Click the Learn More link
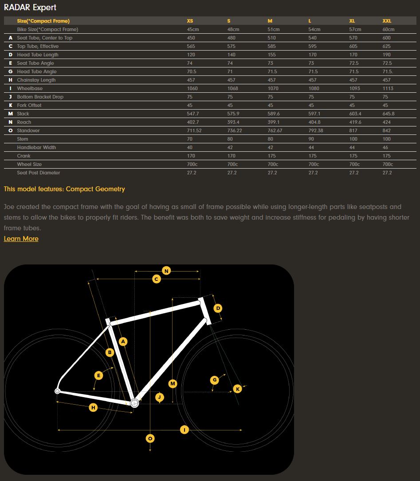point(21,239)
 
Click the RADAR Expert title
point(30,8)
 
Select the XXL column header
point(387,21)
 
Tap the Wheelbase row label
point(30,88)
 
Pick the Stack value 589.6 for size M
point(273,114)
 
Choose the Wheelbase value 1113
point(388,88)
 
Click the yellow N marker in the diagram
point(166,271)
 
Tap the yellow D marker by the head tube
point(218,308)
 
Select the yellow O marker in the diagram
point(150,438)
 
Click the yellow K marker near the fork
point(238,389)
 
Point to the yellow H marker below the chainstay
point(93,407)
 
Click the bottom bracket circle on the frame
point(134,403)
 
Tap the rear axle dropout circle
point(57,391)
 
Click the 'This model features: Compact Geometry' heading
point(64,189)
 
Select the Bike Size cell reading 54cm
point(314,29)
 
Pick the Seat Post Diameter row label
point(39,173)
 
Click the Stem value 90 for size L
point(311,139)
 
